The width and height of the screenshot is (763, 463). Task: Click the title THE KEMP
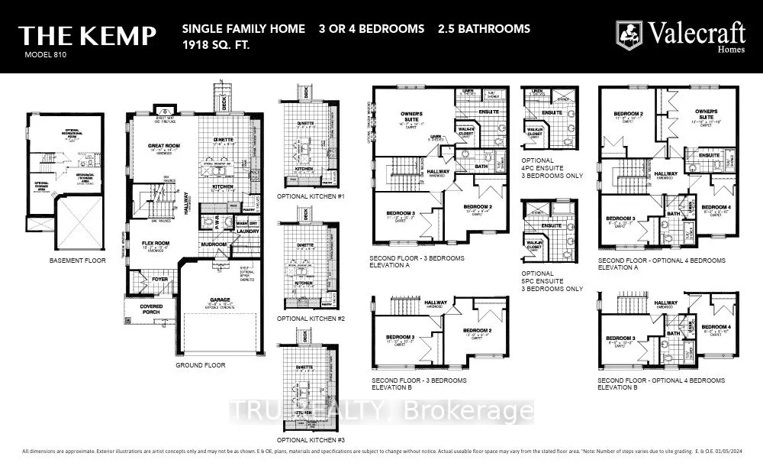click(88, 35)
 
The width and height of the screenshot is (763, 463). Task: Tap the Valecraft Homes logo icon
click(629, 34)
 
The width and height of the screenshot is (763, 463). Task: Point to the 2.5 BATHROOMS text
click(484, 29)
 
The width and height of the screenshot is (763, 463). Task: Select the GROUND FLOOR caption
click(201, 365)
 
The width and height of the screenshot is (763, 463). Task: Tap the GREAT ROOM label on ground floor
click(163, 145)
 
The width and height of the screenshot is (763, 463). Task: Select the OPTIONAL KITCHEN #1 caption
click(311, 196)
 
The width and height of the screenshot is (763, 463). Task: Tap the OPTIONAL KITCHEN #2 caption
click(311, 318)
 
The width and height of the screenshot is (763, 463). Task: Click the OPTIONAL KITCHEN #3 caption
click(311, 440)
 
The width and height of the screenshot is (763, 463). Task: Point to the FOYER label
click(159, 279)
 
